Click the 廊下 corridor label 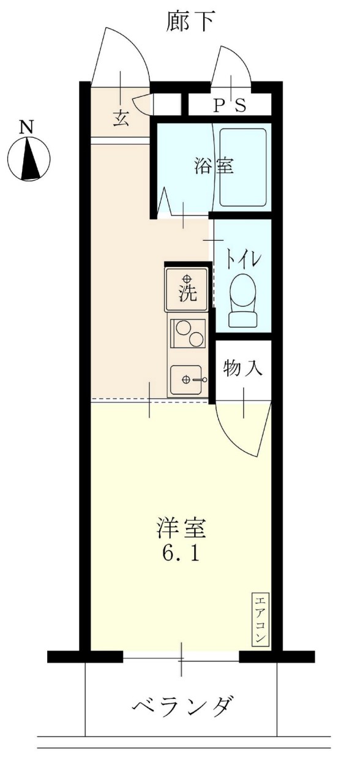[x=190, y=22]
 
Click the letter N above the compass [x=26, y=127]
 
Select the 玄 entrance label [x=121, y=118]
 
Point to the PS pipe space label [x=229, y=106]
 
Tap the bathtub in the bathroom [x=243, y=167]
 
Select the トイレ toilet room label [x=244, y=258]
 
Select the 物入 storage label [x=243, y=369]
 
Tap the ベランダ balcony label [x=182, y=706]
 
